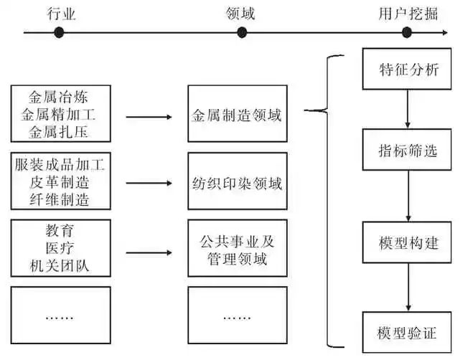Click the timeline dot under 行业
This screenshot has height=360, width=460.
coord(59,32)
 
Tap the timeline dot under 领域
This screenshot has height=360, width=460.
coord(242,32)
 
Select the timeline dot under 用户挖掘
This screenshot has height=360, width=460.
coord(407,32)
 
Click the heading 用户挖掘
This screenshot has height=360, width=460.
coord(407,13)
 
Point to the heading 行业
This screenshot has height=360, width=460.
coord(61,13)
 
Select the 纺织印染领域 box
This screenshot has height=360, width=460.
coord(238,184)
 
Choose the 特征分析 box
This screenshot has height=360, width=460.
coord(408,71)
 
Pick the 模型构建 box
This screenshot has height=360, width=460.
coord(408,242)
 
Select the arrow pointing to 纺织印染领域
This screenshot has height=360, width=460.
coord(149,184)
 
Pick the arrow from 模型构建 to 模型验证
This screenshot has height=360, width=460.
coord(408,287)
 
